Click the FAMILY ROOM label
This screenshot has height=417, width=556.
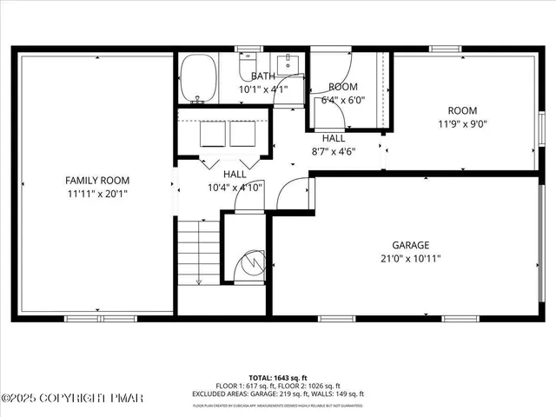[x=97, y=180]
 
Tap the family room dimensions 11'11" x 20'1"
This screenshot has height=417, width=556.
[x=97, y=193]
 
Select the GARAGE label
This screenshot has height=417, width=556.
[x=409, y=245]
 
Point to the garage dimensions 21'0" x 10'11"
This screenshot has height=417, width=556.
[x=409, y=258]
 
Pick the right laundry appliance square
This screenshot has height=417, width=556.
[x=241, y=133]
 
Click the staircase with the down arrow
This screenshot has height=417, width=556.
[x=199, y=252]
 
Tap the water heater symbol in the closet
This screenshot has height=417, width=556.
[x=253, y=261]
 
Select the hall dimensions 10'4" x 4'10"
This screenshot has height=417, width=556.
[x=235, y=187]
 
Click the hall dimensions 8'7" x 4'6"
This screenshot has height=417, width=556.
[x=334, y=150]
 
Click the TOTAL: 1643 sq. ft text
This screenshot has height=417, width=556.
[x=277, y=379]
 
